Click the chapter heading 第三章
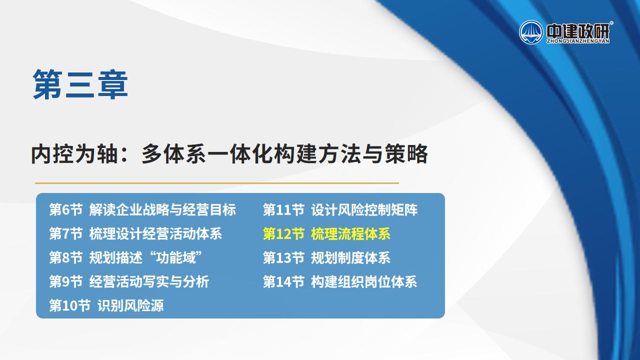(80, 84)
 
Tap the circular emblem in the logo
(531, 32)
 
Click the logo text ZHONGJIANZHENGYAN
(577, 41)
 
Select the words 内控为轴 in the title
(74, 154)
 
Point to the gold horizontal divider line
(217, 183)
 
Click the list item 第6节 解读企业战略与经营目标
(142, 209)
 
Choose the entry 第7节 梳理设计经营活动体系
(135, 233)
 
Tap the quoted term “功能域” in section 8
(175, 257)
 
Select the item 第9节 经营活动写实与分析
(129, 281)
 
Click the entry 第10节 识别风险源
(106, 305)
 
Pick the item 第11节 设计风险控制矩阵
(340, 209)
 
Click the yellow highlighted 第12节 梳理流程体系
(326, 233)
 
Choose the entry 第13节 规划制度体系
(326, 257)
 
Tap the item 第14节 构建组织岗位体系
(340, 281)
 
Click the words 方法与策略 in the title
(372, 154)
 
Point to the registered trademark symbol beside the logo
(611, 22)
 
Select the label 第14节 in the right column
(283, 281)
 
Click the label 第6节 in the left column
(65, 209)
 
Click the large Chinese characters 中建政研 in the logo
(577, 30)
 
